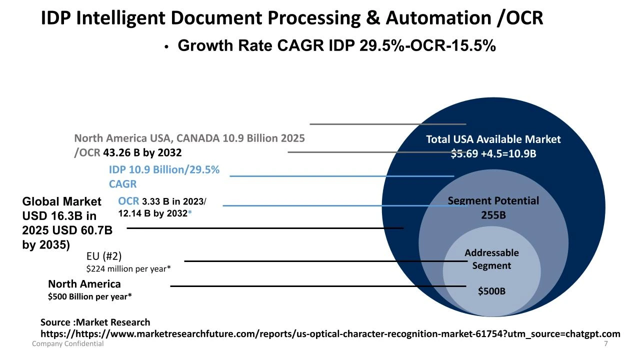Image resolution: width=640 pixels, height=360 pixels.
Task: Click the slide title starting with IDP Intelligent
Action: tap(291, 18)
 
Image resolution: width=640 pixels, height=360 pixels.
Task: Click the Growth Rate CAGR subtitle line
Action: tap(336, 45)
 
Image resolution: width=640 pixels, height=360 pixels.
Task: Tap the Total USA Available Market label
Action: tap(493, 139)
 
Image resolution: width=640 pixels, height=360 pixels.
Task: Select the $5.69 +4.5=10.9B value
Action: tap(493, 153)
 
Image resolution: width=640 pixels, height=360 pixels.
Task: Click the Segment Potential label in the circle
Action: tap(493, 201)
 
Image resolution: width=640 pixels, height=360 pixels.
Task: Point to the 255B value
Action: tap(493, 215)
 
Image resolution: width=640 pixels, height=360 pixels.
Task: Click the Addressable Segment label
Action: tap(491, 259)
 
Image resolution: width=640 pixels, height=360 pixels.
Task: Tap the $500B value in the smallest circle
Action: tap(491, 291)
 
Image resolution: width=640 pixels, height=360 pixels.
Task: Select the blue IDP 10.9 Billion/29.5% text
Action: tap(164, 170)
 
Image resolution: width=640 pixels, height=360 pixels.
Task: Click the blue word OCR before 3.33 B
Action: tap(128, 201)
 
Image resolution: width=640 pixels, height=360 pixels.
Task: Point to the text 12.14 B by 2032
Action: tap(152, 213)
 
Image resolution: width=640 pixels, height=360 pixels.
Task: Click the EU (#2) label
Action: tap(104, 256)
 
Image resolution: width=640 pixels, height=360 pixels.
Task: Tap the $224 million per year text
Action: tap(128, 269)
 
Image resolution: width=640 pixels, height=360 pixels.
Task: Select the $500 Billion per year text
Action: tap(90, 296)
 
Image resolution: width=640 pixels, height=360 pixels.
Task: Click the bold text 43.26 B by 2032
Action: tap(142, 152)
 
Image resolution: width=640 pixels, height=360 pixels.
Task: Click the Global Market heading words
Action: tap(61, 201)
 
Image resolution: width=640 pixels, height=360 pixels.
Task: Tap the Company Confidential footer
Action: tap(68, 344)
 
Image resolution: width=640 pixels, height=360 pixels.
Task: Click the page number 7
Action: tap(606, 344)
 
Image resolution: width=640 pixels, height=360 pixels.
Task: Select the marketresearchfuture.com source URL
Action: tap(330, 334)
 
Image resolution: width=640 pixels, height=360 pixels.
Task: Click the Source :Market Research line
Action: tap(95, 322)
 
